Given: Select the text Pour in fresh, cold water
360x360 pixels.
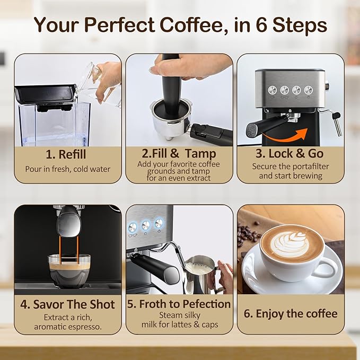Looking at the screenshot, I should click(67, 170).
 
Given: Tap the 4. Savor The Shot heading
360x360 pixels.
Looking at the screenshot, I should click(67, 305).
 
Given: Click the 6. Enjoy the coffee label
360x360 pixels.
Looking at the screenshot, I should click(291, 313).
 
